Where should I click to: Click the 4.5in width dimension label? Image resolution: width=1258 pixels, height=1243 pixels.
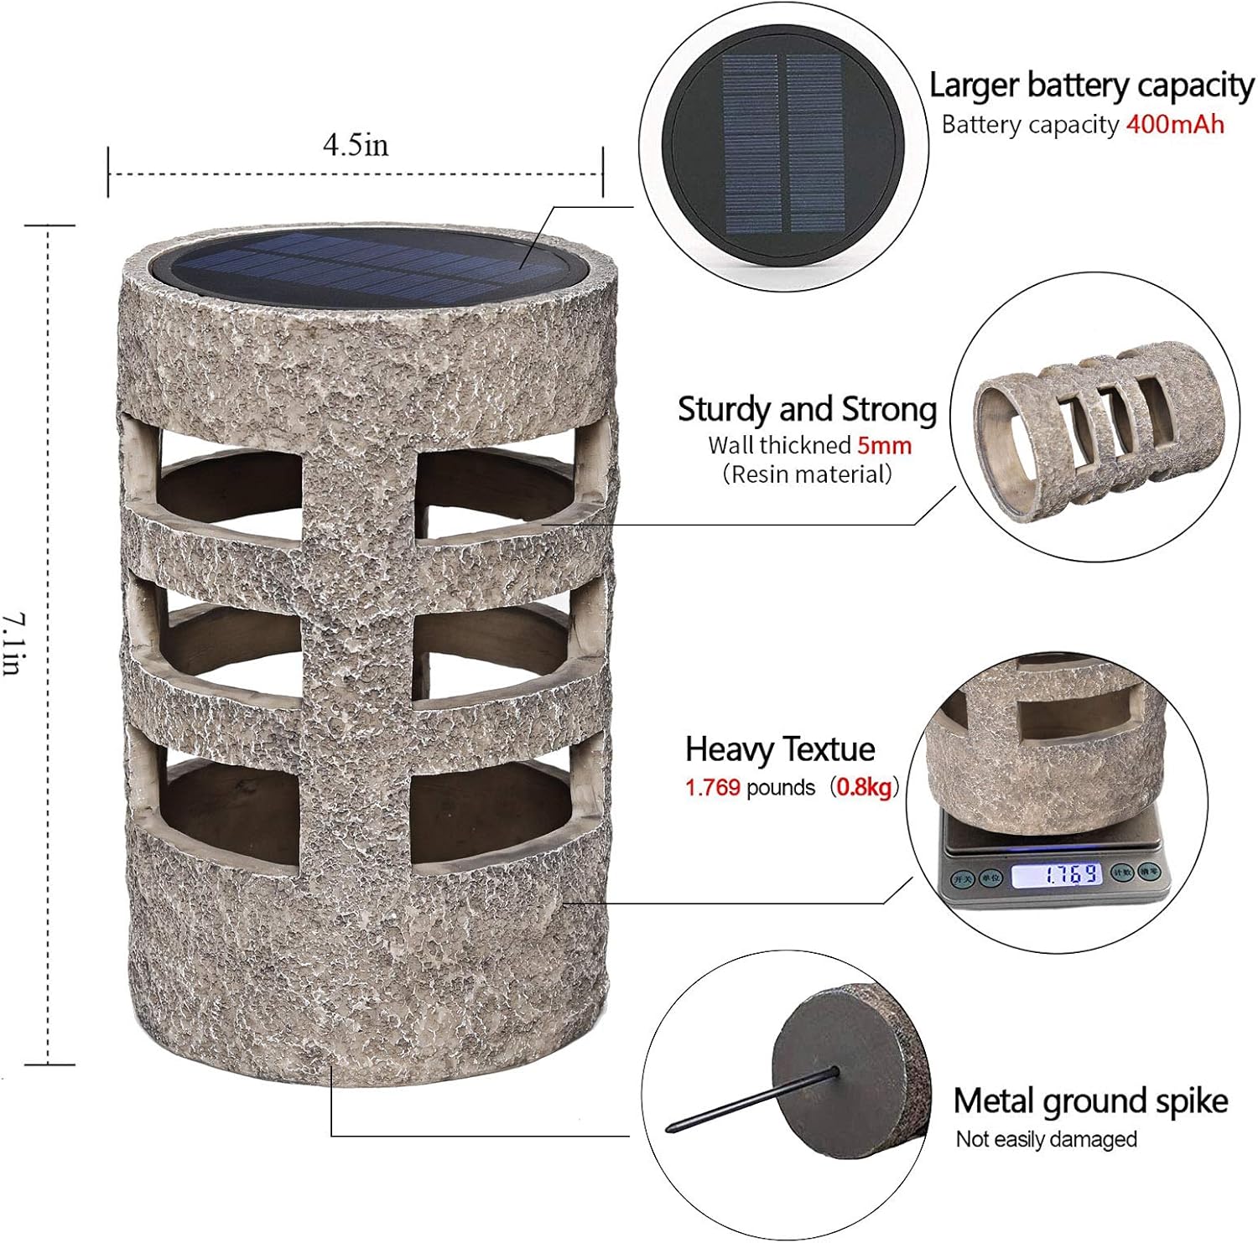[x=356, y=145]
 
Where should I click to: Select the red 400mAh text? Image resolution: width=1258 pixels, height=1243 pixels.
[x=1175, y=125]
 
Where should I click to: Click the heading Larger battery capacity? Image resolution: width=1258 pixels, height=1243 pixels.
[x=1091, y=85]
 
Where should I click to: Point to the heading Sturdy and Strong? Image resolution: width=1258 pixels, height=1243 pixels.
[x=807, y=409]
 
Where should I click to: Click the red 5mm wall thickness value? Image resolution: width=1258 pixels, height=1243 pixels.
[x=884, y=444]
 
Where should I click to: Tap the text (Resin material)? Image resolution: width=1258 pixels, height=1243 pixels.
[x=807, y=474]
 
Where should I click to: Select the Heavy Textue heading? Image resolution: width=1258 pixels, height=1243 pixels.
[x=780, y=748]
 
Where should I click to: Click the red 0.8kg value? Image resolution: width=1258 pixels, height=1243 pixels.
[x=864, y=787]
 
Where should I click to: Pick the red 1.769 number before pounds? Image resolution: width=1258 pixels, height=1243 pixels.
[x=713, y=787]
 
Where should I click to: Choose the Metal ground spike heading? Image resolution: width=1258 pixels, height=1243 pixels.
[x=1090, y=1101]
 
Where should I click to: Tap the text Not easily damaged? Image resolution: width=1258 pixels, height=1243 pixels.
[x=1046, y=1139]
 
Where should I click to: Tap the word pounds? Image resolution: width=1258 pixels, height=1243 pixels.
[x=780, y=787]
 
